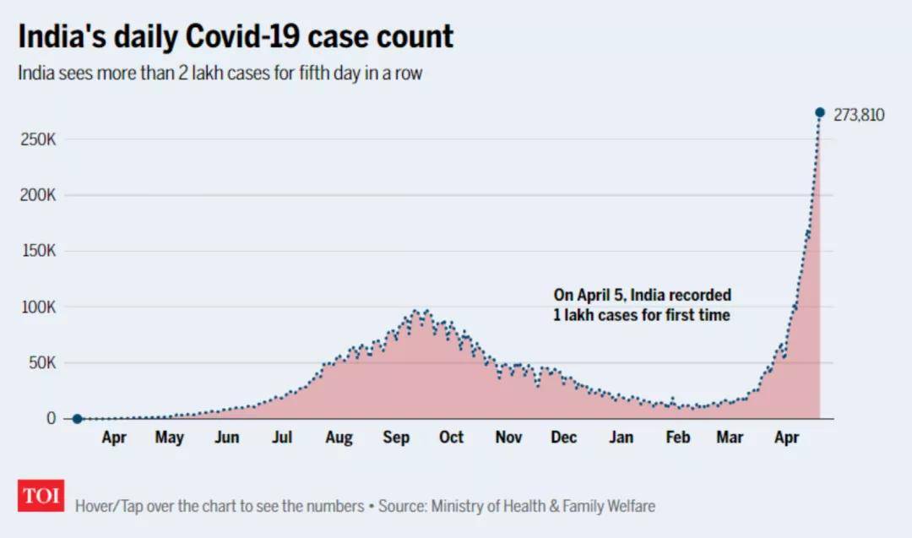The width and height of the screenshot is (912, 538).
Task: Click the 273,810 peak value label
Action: tap(859, 116)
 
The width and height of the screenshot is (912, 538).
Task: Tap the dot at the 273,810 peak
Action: tap(819, 112)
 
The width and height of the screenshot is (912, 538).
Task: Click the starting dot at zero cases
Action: tap(77, 419)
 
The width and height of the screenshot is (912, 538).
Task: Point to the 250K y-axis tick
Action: tap(38, 139)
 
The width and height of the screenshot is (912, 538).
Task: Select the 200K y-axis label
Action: tap(38, 195)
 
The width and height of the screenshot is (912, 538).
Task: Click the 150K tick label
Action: tap(38, 252)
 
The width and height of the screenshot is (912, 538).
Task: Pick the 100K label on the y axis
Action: tap(38, 307)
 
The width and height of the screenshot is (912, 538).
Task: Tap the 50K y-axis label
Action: tap(41, 363)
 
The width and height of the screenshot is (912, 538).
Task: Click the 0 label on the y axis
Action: tap(52, 419)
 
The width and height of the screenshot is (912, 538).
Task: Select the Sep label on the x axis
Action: tap(395, 437)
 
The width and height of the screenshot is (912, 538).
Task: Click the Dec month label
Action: tap(564, 437)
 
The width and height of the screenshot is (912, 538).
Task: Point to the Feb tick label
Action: tap(677, 437)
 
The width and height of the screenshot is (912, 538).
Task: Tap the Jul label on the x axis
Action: tap(282, 437)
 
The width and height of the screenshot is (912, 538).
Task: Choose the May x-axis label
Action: tap(170, 437)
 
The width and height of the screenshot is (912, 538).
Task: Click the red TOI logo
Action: tap(41, 496)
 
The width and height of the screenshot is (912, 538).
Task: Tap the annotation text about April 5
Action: tap(642, 305)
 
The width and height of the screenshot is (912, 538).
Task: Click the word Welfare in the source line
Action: tap(627, 507)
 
